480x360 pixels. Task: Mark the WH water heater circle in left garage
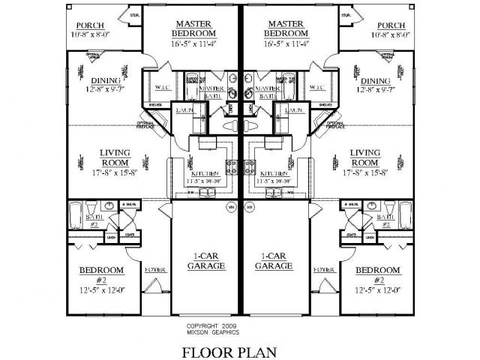coord(231,205)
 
